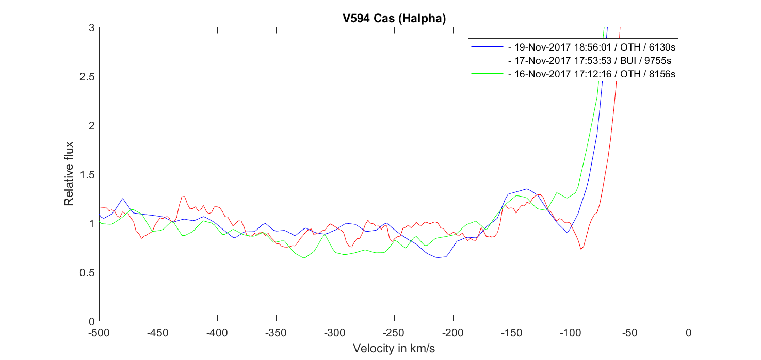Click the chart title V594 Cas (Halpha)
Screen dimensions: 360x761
pyautogui.click(x=394, y=18)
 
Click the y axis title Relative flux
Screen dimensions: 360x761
pyautogui.click(x=69, y=174)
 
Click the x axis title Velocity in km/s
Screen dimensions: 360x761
pyautogui.click(x=394, y=349)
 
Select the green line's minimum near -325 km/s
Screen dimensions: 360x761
pyautogui.click(x=304, y=257)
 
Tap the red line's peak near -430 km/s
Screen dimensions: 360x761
pyautogui.click(x=183, y=196)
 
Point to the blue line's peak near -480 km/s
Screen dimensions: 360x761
pyautogui.click(x=123, y=199)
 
